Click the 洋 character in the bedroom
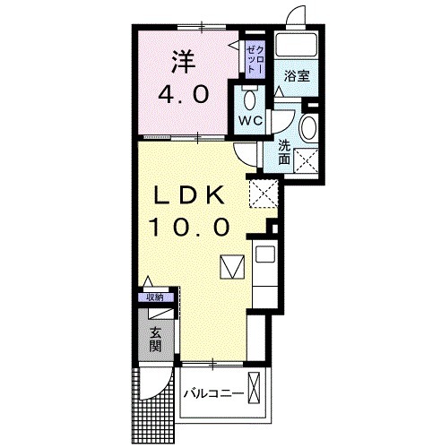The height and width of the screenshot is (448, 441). coord(184,62)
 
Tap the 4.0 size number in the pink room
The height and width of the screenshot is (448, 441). coord(184,94)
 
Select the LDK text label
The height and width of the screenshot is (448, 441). coord(189,195)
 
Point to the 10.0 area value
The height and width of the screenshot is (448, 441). coord(190,227)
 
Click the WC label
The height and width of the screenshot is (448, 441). coord(250,121)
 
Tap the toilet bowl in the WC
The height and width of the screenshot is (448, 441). coord(249,99)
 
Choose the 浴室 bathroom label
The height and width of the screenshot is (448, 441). coord(297,76)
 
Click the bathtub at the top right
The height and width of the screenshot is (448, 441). coord(297,45)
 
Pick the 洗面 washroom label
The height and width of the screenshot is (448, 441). coord(284,152)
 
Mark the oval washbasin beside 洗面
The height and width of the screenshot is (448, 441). coord(308,127)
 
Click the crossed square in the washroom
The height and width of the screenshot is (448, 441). coord(306,160)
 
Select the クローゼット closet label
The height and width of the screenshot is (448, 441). coord(255,60)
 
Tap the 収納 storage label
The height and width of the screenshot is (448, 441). coord(155,297)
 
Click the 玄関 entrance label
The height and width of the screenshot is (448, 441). coord(155,340)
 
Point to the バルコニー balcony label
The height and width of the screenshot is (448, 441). coord(213,393)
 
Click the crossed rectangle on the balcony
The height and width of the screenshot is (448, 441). coord(255,387)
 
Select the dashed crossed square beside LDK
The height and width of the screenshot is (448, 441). coord(264,194)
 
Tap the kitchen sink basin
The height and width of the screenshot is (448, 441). coord(264,254)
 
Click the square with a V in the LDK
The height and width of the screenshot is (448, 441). coord(232,267)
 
